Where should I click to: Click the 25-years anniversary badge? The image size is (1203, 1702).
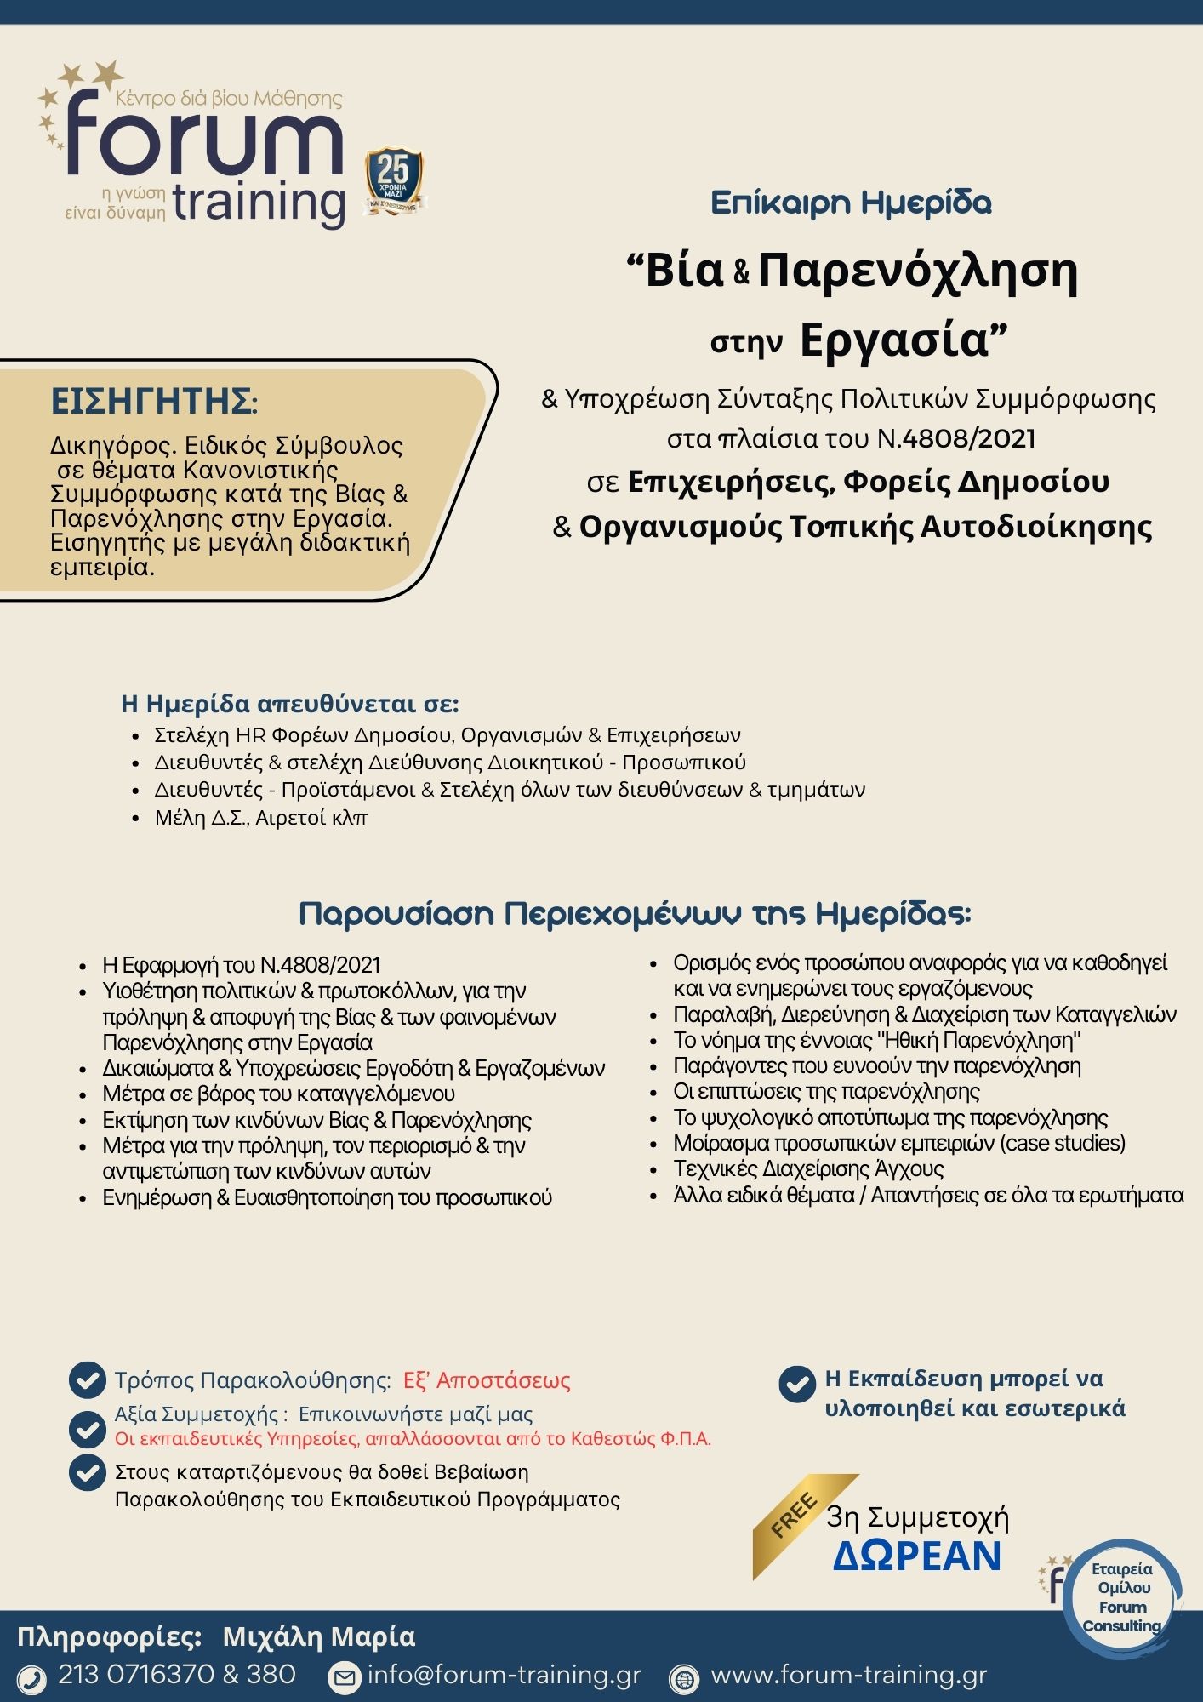394,180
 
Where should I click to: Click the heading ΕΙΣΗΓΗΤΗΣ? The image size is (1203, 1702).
153,401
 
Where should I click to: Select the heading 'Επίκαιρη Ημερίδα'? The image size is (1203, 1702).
851,203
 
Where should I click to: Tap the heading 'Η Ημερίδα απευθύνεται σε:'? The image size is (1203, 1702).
290,704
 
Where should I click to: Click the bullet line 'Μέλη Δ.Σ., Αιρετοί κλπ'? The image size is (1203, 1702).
260,818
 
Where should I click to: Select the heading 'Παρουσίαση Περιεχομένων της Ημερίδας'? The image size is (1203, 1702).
635,914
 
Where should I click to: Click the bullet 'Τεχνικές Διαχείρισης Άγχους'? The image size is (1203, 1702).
808,1169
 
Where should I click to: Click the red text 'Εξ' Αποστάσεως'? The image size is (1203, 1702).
487,1380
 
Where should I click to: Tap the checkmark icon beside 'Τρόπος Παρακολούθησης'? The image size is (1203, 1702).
87,1380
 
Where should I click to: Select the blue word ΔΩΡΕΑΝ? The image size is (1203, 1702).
917,1556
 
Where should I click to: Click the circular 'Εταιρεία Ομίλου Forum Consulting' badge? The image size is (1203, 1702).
1121,1599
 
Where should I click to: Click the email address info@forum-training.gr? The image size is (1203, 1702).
504,1676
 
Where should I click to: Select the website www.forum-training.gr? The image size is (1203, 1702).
848,1676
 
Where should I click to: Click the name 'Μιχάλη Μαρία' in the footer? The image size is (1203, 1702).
319,1637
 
